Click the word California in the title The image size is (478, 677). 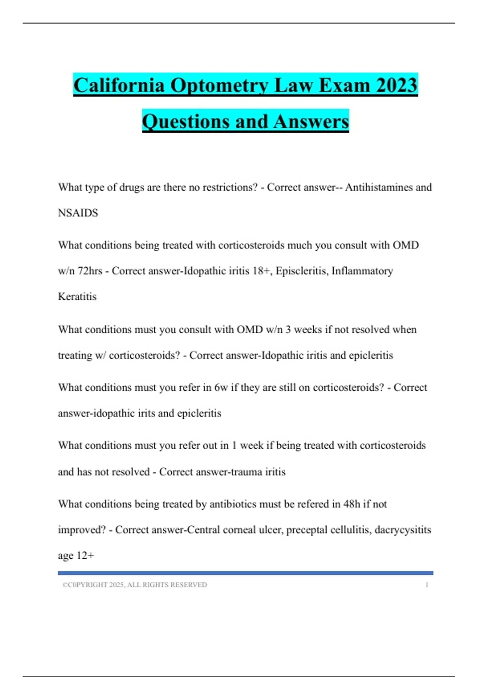coord(119,85)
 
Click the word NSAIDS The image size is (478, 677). coord(78,213)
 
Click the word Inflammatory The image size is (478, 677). coord(362,271)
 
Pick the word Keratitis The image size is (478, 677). coord(77,297)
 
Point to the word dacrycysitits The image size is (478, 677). coord(403,530)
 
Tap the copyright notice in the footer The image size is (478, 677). coord(135,585)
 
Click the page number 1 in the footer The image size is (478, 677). coord(427,585)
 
